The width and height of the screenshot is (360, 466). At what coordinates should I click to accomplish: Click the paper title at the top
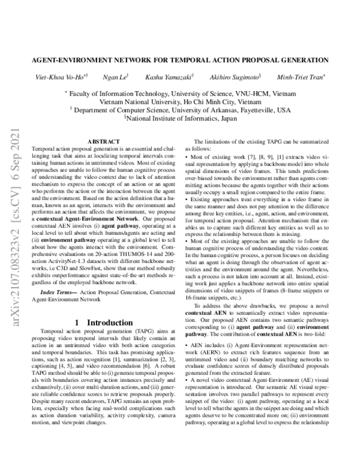[x=180, y=60]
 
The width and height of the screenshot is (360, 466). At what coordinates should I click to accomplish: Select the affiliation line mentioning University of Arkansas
[x=180, y=110]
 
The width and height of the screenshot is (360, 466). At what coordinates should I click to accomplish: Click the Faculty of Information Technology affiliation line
[x=180, y=94]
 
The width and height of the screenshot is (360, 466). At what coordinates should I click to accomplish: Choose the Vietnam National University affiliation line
[x=180, y=102]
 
